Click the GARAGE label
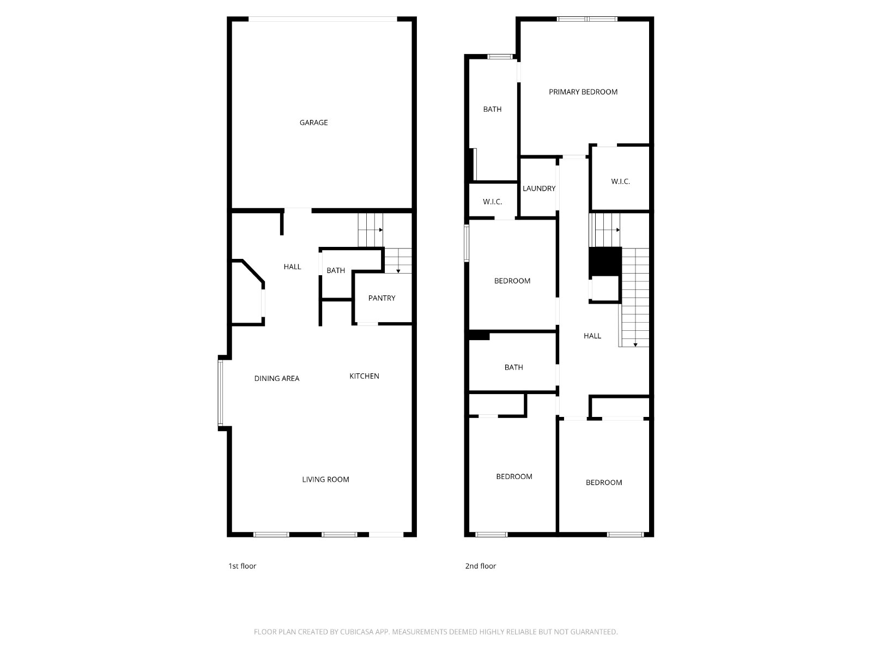click(x=313, y=123)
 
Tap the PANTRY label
click(x=382, y=298)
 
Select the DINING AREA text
click(x=277, y=378)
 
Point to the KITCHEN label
click(x=364, y=376)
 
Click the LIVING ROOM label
click(x=326, y=479)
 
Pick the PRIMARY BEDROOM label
click(x=583, y=92)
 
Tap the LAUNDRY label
click(x=539, y=189)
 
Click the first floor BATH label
click(x=336, y=270)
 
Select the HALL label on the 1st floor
click(x=292, y=267)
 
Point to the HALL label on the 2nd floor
click(x=592, y=336)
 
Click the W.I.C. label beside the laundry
click(x=493, y=202)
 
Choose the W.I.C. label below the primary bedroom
click(x=621, y=181)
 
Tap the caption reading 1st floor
click(x=243, y=566)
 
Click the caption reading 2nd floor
click(x=481, y=566)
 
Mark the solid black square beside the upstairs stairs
click(x=605, y=261)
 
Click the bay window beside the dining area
click(x=221, y=393)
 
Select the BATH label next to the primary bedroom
click(x=492, y=109)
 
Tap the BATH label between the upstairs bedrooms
click(x=514, y=367)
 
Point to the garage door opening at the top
click(x=323, y=19)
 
